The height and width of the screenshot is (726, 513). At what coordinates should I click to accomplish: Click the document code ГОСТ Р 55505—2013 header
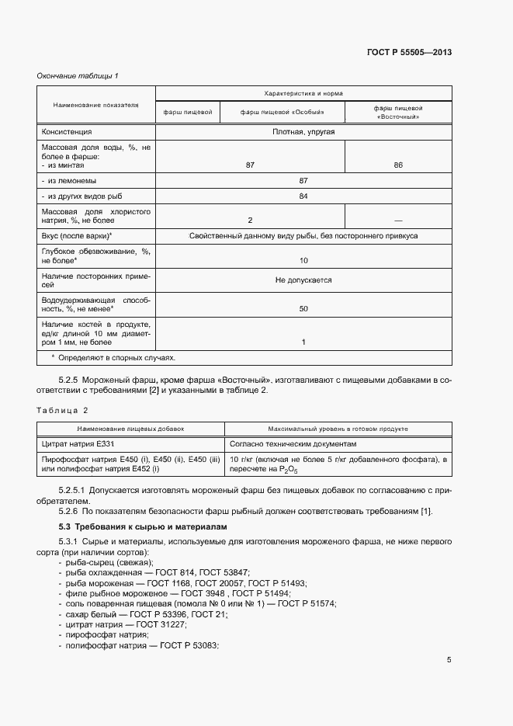tap(409, 53)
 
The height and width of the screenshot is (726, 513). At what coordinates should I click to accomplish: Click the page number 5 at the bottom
tap(449, 660)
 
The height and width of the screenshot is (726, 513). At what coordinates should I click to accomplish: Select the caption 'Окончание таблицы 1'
tap(78, 75)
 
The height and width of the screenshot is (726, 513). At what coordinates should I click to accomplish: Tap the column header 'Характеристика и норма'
tap(303, 92)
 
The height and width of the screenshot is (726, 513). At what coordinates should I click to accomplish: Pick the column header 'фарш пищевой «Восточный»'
tap(397, 113)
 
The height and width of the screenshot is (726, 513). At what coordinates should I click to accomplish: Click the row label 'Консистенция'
tap(67, 133)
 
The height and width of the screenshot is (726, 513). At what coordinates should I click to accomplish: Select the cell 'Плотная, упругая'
tap(303, 133)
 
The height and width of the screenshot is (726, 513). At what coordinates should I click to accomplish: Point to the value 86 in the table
tap(398, 165)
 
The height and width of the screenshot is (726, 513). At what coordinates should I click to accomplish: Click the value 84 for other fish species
tap(303, 196)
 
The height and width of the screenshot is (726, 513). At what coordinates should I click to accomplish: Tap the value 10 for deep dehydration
tap(303, 261)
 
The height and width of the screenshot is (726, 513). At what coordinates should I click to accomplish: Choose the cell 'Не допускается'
tap(303, 280)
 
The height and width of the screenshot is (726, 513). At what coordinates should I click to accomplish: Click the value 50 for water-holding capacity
tap(303, 309)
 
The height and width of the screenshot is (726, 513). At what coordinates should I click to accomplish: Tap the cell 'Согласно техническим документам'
tap(293, 444)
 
